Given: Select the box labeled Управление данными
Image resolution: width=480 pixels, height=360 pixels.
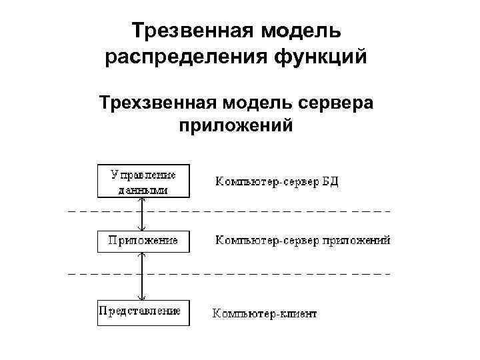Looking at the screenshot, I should pos(143,181).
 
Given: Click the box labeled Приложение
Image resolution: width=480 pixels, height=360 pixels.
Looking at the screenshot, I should pos(143,241).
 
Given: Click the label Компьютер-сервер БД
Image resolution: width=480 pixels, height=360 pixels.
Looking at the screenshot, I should pos(277,181).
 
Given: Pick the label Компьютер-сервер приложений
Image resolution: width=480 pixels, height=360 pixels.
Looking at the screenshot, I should pos(302,241).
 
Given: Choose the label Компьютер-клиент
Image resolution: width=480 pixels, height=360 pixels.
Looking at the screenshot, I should pos(265,313).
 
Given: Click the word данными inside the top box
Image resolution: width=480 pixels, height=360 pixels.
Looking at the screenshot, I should pos(143,189).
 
